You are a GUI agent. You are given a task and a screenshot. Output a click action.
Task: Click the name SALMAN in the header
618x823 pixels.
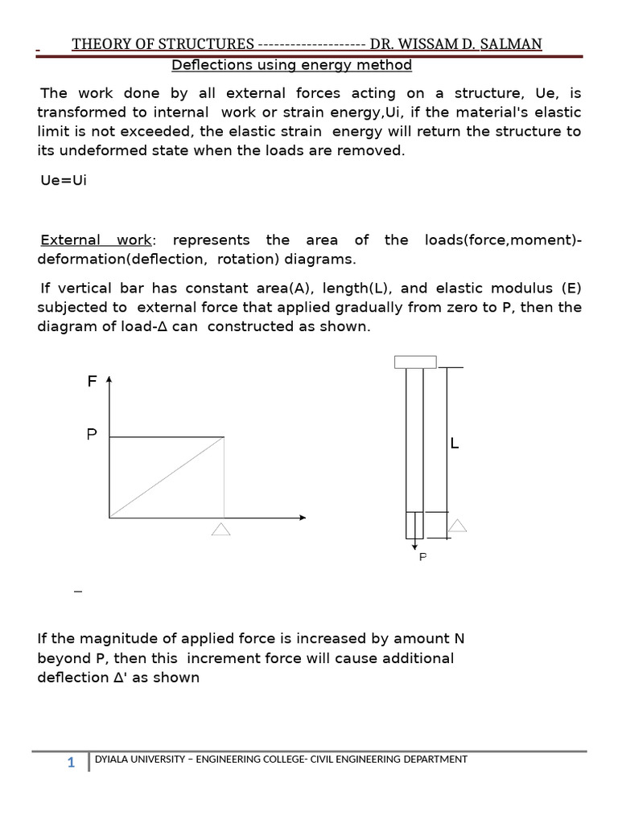coord(511,44)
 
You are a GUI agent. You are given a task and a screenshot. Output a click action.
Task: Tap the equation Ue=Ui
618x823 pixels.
coord(63,179)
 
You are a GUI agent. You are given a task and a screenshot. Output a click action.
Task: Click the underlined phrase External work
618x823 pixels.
coord(96,240)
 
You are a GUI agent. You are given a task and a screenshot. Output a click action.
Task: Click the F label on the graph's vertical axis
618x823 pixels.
coord(92,383)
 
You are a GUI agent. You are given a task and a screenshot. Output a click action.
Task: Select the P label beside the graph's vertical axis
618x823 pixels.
coord(92,435)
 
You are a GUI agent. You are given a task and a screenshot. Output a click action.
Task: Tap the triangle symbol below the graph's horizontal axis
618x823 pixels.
coord(221,529)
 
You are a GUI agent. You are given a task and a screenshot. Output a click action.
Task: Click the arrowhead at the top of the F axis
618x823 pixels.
coord(109,378)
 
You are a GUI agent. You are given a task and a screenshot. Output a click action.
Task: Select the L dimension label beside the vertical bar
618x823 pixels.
coord(455,444)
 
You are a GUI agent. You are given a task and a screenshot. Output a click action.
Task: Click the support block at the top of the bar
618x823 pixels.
coord(415,362)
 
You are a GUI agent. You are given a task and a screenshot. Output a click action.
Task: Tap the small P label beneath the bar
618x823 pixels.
coord(422,556)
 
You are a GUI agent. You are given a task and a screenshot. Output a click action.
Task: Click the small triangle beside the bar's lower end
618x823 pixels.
coord(457,526)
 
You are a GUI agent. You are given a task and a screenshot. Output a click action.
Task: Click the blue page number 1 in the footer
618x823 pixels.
coord(71,763)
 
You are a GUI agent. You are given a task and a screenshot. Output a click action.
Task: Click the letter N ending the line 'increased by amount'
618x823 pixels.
coord(459,639)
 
